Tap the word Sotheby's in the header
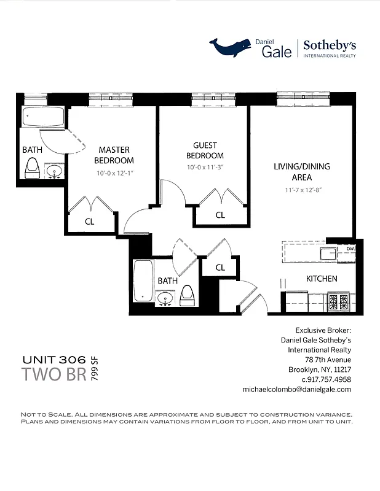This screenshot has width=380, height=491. pyautogui.click(x=330, y=45)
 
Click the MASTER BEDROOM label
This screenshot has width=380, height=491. pyautogui.click(x=114, y=155)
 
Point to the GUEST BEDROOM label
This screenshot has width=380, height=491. pyautogui.click(x=205, y=150)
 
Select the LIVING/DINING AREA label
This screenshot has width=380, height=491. pyautogui.click(x=302, y=171)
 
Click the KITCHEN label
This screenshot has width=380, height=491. pyautogui.click(x=322, y=279)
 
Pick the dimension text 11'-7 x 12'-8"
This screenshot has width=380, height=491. pyautogui.click(x=302, y=190)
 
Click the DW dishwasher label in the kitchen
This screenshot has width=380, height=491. pyautogui.click(x=350, y=249)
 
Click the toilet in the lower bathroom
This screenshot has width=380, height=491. pyautogui.click(x=188, y=295)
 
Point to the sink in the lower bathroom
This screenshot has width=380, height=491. pyautogui.click(x=165, y=298)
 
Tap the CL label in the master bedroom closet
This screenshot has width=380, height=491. pyautogui.click(x=89, y=222)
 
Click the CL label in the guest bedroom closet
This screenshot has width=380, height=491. pyautogui.click(x=220, y=215)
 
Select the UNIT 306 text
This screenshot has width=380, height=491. pyautogui.click(x=54, y=360)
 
